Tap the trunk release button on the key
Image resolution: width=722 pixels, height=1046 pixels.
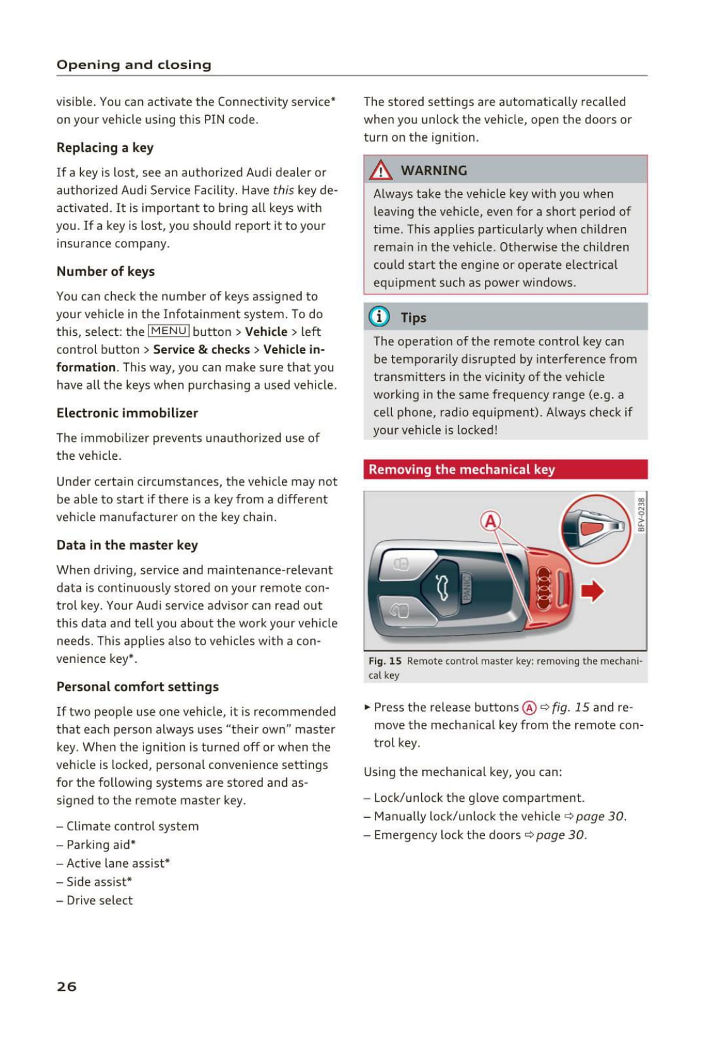[441, 588]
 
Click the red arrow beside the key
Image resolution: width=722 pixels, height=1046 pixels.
[592, 591]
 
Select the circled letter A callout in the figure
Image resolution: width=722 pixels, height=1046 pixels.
[491, 521]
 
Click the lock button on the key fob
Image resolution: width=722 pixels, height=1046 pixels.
[401, 563]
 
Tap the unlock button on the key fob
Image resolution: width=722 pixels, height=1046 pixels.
[399, 610]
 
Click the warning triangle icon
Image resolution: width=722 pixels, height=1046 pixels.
[381, 170]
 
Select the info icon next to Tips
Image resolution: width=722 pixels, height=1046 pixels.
[379, 316]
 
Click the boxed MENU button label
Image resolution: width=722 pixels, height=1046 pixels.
[168, 331]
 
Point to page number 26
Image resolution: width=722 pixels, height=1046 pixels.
[66, 986]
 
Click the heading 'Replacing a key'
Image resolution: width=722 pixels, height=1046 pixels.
[105, 147]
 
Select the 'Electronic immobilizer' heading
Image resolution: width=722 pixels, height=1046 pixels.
[127, 413]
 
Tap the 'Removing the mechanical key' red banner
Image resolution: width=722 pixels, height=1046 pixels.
[505, 469]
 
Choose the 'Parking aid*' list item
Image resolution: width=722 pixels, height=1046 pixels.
[101, 844]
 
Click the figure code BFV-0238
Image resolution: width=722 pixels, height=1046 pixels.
[641, 514]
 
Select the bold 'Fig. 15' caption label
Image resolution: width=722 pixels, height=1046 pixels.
[385, 661]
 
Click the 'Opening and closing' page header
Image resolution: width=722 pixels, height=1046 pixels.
[134, 65]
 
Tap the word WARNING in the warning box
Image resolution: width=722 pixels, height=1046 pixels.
[434, 170]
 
